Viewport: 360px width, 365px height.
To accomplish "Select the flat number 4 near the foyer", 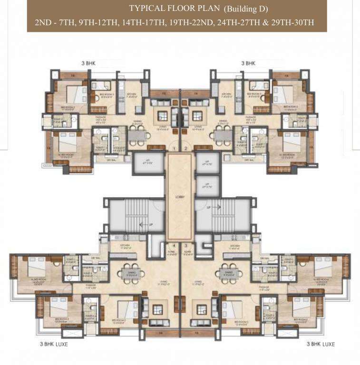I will (175, 246).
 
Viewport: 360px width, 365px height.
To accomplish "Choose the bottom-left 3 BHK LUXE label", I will (53, 344).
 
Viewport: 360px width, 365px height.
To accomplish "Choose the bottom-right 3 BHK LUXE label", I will (321, 344).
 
